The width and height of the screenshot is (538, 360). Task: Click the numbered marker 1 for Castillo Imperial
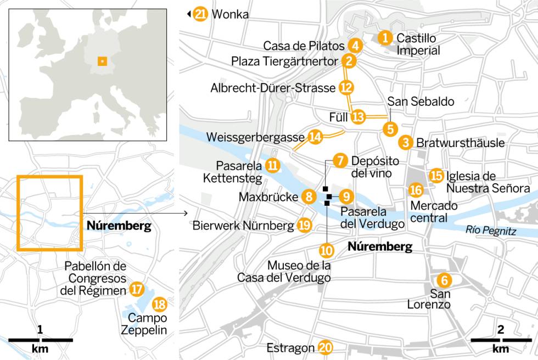pyautogui.click(x=386, y=38)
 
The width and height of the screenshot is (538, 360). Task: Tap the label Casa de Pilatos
pyautogui.click(x=304, y=46)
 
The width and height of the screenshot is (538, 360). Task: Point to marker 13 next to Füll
pyautogui.click(x=358, y=116)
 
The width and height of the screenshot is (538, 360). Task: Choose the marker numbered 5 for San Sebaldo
pyautogui.click(x=390, y=130)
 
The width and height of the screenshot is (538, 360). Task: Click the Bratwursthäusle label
pyautogui.click(x=460, y=143)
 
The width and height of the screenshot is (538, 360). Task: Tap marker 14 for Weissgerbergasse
pyautogui.click(x=315, y=137)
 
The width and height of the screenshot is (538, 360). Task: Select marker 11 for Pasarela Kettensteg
pyautogui.click(x=272, y=165)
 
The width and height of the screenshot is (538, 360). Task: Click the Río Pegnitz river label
pyautogui.click(x=490, y=231)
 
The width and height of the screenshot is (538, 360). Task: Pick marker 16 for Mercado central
pyautogui.click(x=416, y=190)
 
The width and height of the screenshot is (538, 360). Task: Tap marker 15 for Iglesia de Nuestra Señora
pyautogui.click(x=436, y=175)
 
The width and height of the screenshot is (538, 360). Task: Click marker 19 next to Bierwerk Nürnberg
pyautogui.click(x=304, y=225)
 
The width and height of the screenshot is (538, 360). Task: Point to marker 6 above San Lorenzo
pyautogui.click(x=445, y=280)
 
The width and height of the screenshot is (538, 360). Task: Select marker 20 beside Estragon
pyautogui.click(x=326, y=347)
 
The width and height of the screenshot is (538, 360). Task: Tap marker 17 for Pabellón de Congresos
pyautogui.click(x=137, y=289)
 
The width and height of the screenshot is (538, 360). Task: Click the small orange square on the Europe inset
pyautogui.click(x=101, y=61)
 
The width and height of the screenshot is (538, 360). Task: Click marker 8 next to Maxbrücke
pyautogui.click(x=309, y=196)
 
